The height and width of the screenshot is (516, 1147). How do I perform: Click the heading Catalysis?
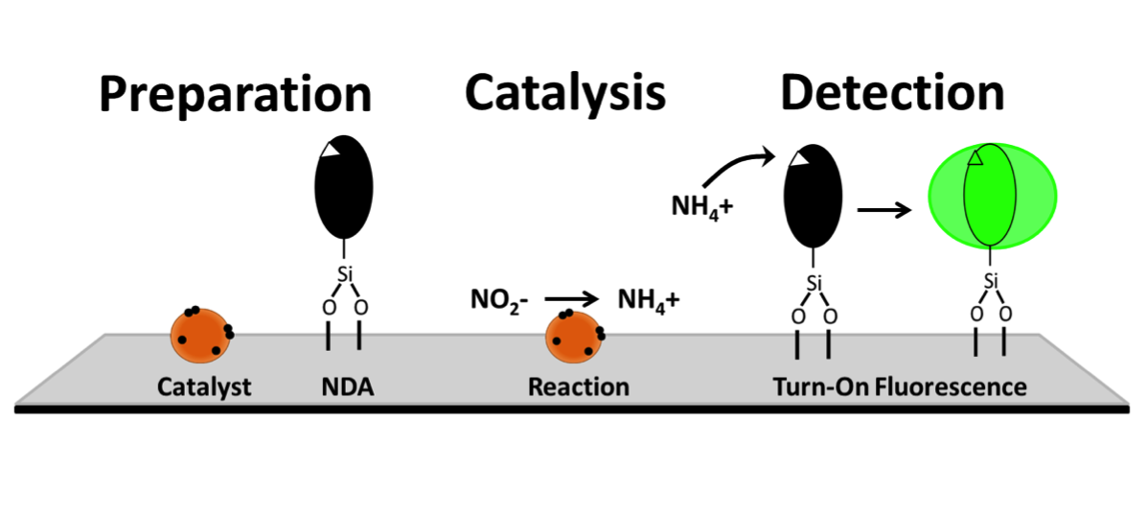click(x=564, y=94)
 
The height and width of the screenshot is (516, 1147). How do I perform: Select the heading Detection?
click(x=891, y=94)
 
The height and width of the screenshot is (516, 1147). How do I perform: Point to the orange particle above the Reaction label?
click(x=575, y=337)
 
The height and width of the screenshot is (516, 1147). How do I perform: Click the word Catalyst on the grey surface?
click(x=204, y=387)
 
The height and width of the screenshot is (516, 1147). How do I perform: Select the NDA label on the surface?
click(x=346, y=387)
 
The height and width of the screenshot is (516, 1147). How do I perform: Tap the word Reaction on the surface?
click(x=578, y=387)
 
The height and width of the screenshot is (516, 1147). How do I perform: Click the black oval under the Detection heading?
click(x=814, y=198)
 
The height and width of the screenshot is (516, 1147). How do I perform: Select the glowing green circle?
click(x=993, y=199)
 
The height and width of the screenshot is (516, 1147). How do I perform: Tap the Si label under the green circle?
click(x=991, y=281)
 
